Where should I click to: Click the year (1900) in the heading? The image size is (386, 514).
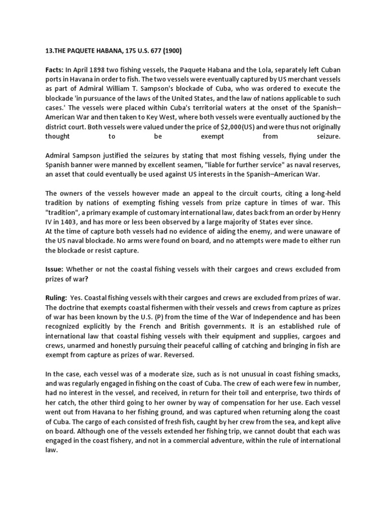pyautogui.click(x=172, y=50)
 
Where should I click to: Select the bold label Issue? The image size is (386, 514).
pyautogui.click(x=55, y=269)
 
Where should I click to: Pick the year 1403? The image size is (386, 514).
pyautogui.click(x=91, y=221)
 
